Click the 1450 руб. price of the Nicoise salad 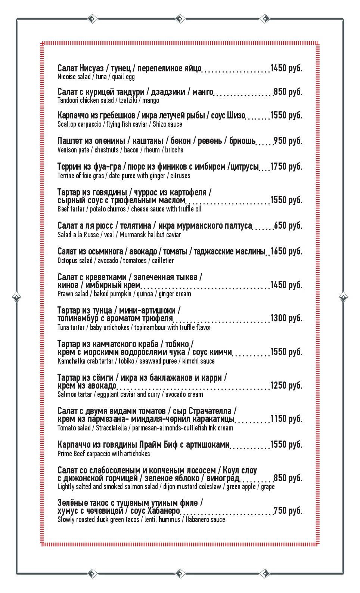[286, 68]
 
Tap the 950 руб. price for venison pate [288, 141]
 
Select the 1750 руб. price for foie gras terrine [286, 167]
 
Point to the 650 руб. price [288, 226]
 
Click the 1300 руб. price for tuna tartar [286, 318]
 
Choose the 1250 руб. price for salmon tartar [286, 386]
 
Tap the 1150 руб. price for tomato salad [286, 419]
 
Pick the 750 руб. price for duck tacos [288, 511]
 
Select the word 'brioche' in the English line [174, 150]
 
